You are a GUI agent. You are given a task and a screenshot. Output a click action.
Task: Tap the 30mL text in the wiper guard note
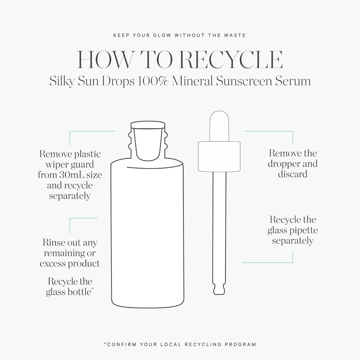(x=73, y=175)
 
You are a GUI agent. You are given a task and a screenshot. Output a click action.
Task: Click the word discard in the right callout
(x=292, y=174)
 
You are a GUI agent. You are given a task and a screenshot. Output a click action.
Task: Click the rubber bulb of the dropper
(x=219, y=126)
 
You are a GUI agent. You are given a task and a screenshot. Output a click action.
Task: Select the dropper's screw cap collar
(x=219, y=157)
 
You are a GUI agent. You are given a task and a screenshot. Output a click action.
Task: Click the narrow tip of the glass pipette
(x=219, y=290)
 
